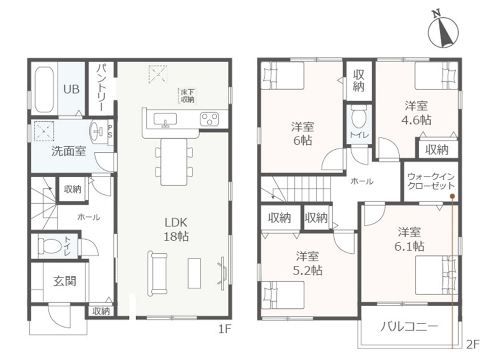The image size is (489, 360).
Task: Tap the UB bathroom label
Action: (71, 89)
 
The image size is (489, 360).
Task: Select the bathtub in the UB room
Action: (44, 90)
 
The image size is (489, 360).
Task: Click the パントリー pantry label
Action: (102, 87)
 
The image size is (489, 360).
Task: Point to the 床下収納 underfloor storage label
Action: (187, 96)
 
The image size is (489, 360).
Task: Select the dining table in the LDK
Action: (174, 161)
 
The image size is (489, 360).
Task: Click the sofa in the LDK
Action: (157, 273)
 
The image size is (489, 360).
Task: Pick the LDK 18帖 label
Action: (176, 230)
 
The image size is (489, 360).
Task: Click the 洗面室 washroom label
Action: (69, 151)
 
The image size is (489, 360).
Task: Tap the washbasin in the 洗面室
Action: (96, 132)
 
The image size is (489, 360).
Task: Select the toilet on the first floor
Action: (49, 246)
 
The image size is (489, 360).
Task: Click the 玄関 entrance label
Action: (64, 281)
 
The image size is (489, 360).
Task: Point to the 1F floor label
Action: (224, 329)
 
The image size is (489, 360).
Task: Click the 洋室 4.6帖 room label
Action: (416, 113)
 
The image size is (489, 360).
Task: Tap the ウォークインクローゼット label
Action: (431, 181)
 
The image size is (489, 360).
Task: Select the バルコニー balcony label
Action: (409, 326)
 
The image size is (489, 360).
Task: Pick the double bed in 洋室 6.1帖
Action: (437, 275)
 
